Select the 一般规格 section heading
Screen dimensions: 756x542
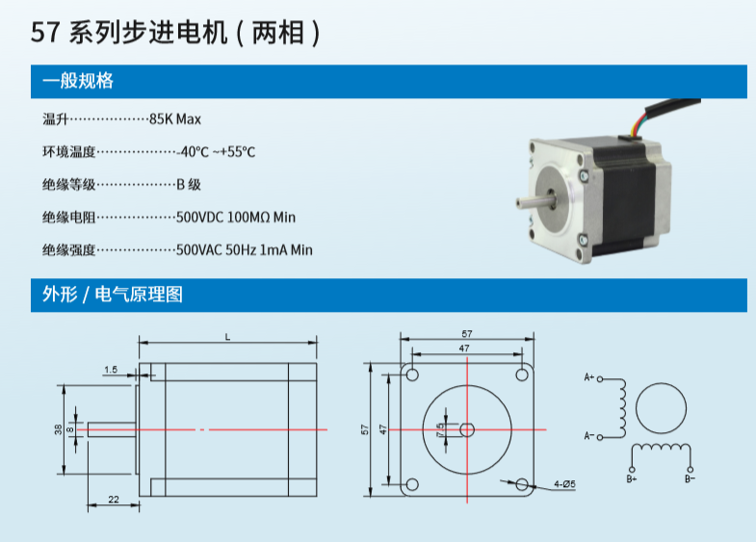click(78, 81)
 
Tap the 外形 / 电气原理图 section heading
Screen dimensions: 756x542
click(113, 295)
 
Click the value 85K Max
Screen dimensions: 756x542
click(175, 119)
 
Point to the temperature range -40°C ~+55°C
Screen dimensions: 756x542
click(216, 152)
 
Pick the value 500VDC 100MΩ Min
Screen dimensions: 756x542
click(236, 218)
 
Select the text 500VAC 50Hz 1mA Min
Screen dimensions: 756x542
click(245, 250)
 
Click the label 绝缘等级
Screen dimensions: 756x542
click(69, 185)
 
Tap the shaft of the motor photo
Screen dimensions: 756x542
click(533, 201)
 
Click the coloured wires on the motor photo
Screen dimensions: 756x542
click(638, 123)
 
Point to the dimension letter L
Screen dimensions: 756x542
click(227, 337)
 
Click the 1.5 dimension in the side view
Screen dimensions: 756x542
click(111, 370)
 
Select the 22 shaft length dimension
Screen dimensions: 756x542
click(114, 499)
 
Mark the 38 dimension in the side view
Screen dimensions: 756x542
click(58, 429)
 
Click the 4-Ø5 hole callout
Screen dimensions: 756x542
click(564, 483)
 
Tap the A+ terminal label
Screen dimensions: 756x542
click(589, 377)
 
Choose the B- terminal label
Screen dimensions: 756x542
click(690, 478)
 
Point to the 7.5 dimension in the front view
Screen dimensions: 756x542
click(440, 429)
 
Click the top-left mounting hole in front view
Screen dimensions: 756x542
click(412, 374)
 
